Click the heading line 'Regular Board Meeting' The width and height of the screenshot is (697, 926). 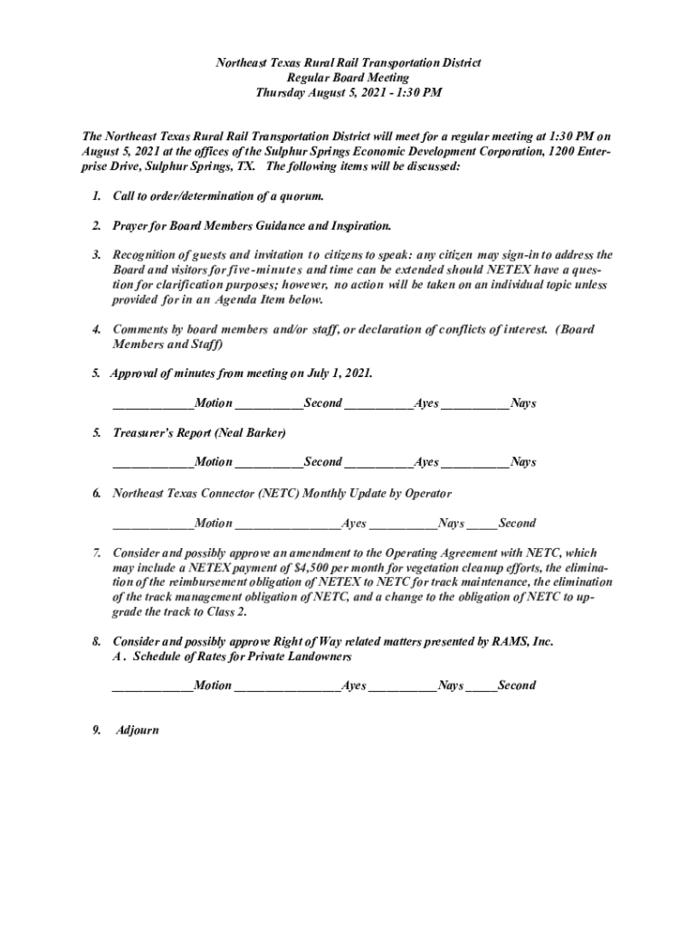348,78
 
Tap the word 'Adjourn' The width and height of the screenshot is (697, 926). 137,729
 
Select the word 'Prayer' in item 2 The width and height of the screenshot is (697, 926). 132,225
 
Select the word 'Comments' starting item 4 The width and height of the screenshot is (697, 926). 140,329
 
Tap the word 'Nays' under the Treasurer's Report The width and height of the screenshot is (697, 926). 523,462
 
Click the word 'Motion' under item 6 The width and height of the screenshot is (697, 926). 214,523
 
